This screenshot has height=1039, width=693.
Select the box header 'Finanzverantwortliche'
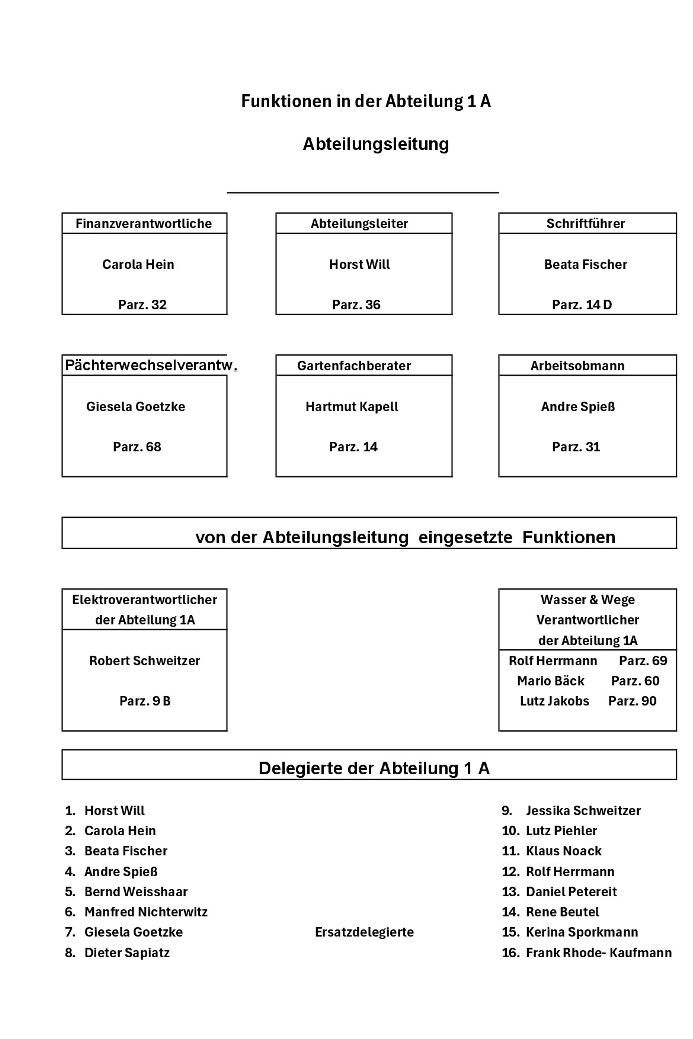click(x=143, y=224)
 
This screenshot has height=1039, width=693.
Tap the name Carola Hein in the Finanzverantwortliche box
click(x=138, y=264)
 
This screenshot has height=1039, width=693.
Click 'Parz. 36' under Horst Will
click(x=356, y=305)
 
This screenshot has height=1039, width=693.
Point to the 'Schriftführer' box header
click(x=586, y=224)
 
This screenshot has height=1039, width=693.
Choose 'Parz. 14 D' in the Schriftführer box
click(x=582, y=305)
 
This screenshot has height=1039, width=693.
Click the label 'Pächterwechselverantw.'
click(x=150, y=365)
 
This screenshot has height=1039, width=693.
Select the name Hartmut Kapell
click(x=352, y=407)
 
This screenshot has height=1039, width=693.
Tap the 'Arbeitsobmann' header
click(x=577, y=366)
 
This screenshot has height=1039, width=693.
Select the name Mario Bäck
click(x=551, y=681)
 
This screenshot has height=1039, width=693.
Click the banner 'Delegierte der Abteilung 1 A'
click(x=374, y=768)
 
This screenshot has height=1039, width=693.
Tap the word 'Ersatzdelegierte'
click(x=364, y=932)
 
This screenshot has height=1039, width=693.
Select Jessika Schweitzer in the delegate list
click(x=583, y=810)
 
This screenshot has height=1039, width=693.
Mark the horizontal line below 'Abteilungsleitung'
click(x=362, y=193)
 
